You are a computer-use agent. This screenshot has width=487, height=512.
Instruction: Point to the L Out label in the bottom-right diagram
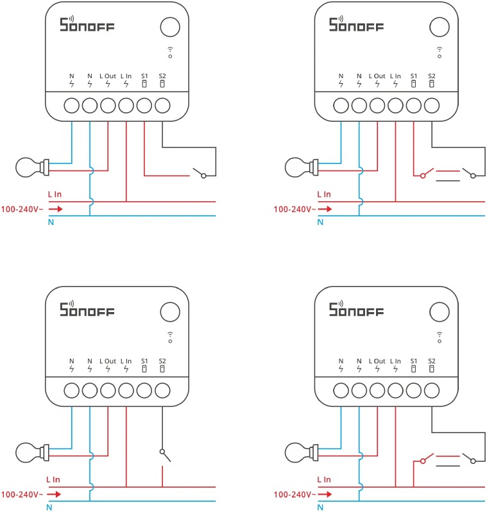377,361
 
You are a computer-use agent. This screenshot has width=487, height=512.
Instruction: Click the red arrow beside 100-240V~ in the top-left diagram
56,209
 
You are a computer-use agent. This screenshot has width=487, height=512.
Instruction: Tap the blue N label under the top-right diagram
320,222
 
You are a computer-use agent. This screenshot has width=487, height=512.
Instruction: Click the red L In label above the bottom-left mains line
54,479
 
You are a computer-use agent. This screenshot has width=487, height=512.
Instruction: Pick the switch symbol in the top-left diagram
200,172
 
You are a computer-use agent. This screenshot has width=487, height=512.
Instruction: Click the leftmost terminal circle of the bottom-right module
341,390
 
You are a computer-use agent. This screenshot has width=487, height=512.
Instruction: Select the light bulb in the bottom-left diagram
28,453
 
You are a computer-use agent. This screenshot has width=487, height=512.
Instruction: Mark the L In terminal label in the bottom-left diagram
126,361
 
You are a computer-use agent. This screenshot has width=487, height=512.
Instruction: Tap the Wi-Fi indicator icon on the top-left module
169,51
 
